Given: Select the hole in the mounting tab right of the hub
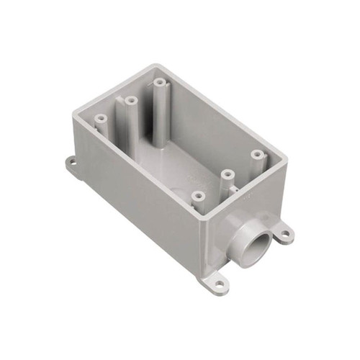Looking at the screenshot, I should point(286,233).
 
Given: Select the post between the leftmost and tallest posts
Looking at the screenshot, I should point(130,102).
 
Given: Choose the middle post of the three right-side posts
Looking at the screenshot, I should point(226,174).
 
